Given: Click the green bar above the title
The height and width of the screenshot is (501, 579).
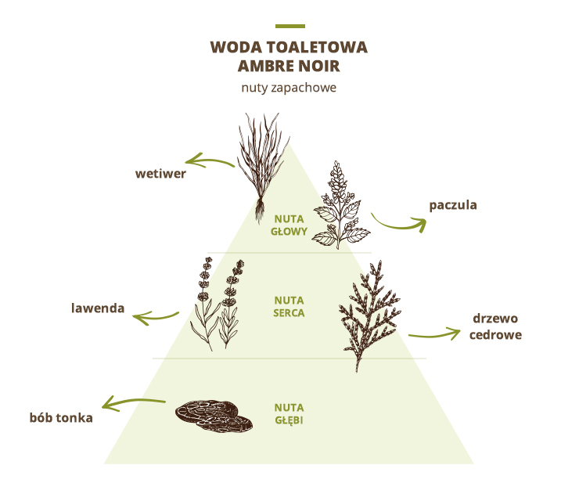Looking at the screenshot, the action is pyautogui.click(x=290, y=27).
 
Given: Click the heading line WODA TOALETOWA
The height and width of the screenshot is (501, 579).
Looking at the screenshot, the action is pyautogui.click(x=289, y=47).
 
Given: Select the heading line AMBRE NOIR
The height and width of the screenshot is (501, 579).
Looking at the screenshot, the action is pyautogui.click(x=289, y=66).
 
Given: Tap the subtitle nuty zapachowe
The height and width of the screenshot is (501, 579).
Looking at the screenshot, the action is pyautogui.click(x=289, y=88).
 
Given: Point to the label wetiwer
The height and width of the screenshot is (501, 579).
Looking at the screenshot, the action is pyautogui.click(x=160, y=174).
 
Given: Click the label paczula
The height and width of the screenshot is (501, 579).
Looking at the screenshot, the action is pyautogui.click(x=453, y=205).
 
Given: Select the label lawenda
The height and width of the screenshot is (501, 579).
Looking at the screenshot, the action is pyautogui.click(x=98, y=308).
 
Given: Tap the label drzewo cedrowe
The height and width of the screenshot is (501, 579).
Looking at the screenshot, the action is pyautogui.click(x=495, y=326).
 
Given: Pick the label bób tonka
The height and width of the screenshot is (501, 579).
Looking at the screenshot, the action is pyautogui.click(x=61, y=417).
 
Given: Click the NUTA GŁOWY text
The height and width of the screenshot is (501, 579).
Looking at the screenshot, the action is pyautogui.click(x=289, y=225).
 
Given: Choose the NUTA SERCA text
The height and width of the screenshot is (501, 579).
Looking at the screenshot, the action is pyautogui.click(x=289, y=307).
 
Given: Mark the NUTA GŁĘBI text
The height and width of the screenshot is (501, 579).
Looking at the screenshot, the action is pyautogui.click(x=289, y=414).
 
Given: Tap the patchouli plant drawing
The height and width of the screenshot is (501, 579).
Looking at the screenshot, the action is pyautogui.click(x=340, y=205).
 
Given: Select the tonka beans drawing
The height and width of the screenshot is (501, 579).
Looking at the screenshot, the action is pyautogui.click(x=214, y=416).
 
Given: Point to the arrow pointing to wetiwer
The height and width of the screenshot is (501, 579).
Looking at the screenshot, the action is pyautogui.click(x=209, y=160).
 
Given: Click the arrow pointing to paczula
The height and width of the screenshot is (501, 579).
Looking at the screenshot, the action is pyautogui.click(x=399, y=224).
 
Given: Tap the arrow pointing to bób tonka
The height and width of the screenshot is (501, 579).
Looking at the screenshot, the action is pyautogui.click(x=133, y=401).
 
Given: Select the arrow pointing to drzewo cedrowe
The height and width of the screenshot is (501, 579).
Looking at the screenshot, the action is pyautogui.click(x=434, y=335).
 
